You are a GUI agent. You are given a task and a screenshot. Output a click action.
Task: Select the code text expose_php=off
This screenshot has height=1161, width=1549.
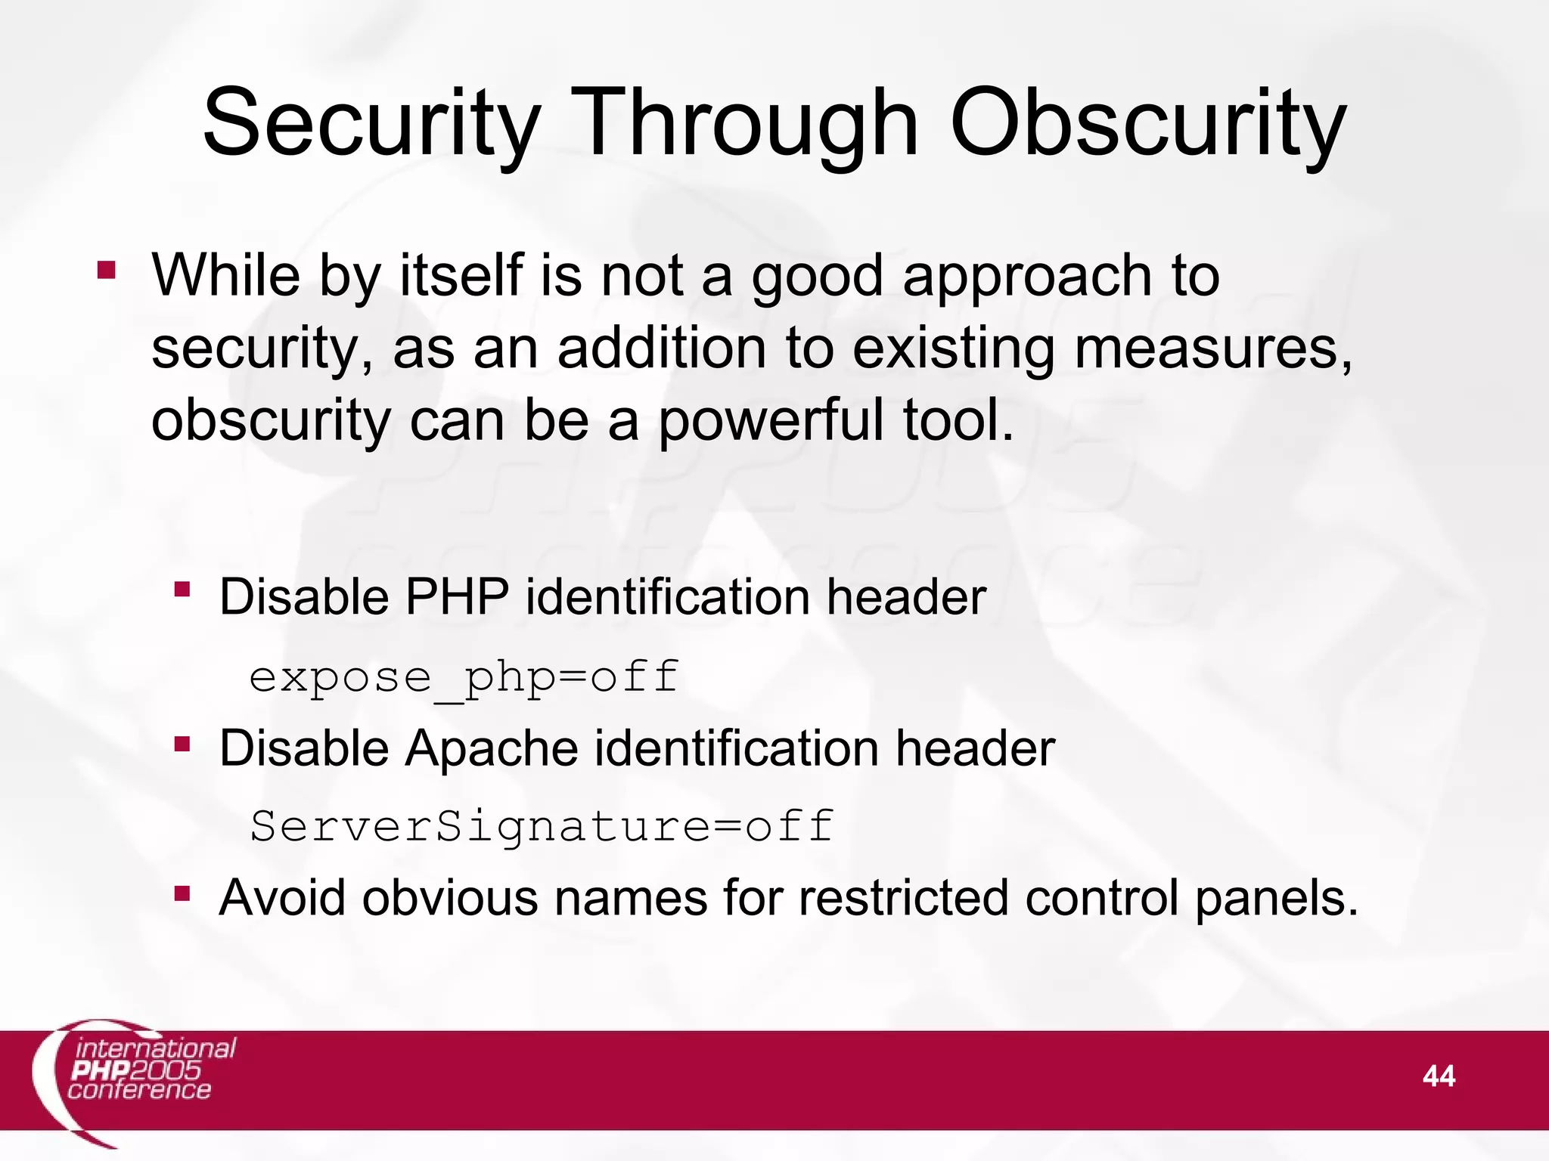pos(464,677)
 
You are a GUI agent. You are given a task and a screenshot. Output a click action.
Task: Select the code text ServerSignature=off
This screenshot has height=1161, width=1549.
pos(542,825)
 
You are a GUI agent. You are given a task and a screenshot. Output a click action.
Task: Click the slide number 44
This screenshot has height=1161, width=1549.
pos(1438,1076)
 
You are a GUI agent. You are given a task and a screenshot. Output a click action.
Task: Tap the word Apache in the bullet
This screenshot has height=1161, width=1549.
pos(493,749)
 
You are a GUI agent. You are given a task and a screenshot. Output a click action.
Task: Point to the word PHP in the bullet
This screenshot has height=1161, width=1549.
pos(457,597)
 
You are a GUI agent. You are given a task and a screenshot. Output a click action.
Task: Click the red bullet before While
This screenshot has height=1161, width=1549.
pos(107,270)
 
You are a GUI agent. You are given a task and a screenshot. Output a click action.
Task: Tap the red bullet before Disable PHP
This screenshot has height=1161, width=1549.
pos(182,589)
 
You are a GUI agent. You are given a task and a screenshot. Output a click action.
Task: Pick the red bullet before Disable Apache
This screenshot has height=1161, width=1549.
pos(182,745)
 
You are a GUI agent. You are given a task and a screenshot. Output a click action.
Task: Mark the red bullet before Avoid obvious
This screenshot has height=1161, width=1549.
pos(182,894)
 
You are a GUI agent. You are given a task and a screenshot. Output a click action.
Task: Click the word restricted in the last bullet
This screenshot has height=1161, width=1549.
pos(903,898)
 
